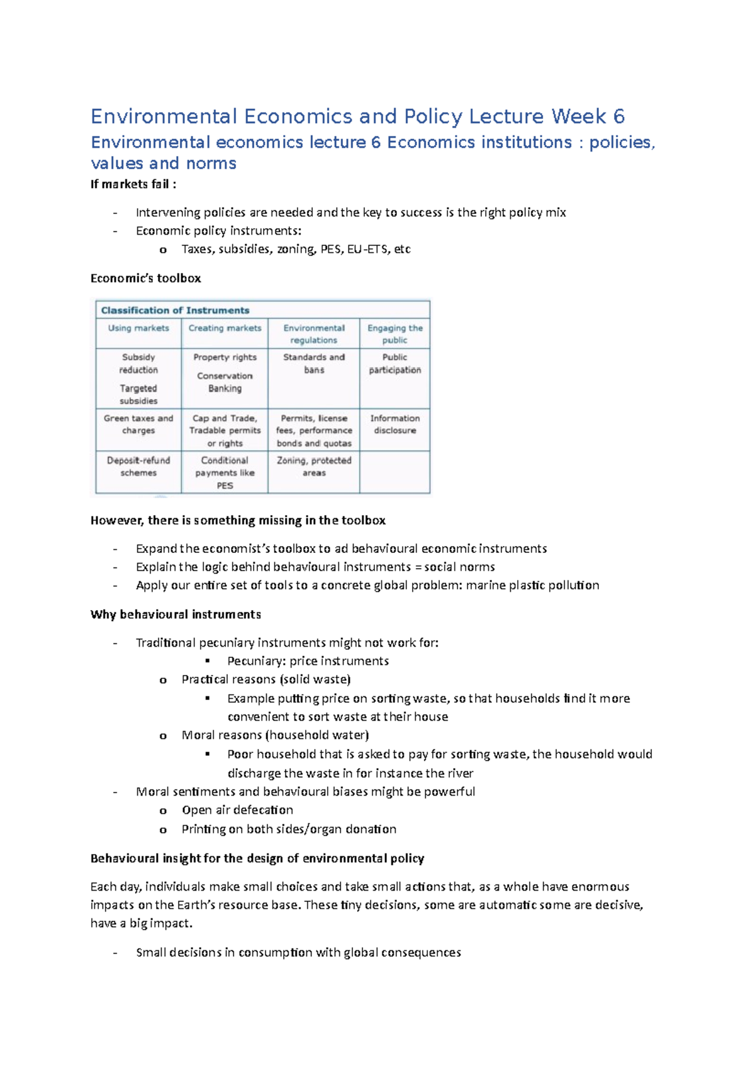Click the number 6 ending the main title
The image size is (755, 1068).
click(x=618, y=116)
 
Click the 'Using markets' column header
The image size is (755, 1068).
click(x=138, y=328)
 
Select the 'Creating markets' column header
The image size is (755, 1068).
click(x=225, y=328)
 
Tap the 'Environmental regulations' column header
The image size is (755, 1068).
click(x=314, y=334)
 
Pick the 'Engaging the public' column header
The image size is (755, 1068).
click(x=395, y=334)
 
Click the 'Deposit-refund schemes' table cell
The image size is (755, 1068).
click(x=138, y=467)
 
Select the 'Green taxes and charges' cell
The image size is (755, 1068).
click(x=138, y=425)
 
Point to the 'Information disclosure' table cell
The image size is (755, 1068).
click(x=395, y=425)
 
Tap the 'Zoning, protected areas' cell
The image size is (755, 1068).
click(x=314, y=467)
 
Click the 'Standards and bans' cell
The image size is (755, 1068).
click(x=314, y=364)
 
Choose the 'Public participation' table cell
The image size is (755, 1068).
click(x=395, y=364)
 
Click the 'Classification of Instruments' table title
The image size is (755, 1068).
click(x=175, y=310)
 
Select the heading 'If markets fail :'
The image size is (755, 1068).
click(x=133, y=184)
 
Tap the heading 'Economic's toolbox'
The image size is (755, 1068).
click(x=146, y=278)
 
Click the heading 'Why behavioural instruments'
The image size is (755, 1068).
click(x=176, y=615)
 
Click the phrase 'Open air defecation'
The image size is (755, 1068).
click(x=237, y=810)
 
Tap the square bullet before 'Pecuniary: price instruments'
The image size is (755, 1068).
click(x=207, y=661)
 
